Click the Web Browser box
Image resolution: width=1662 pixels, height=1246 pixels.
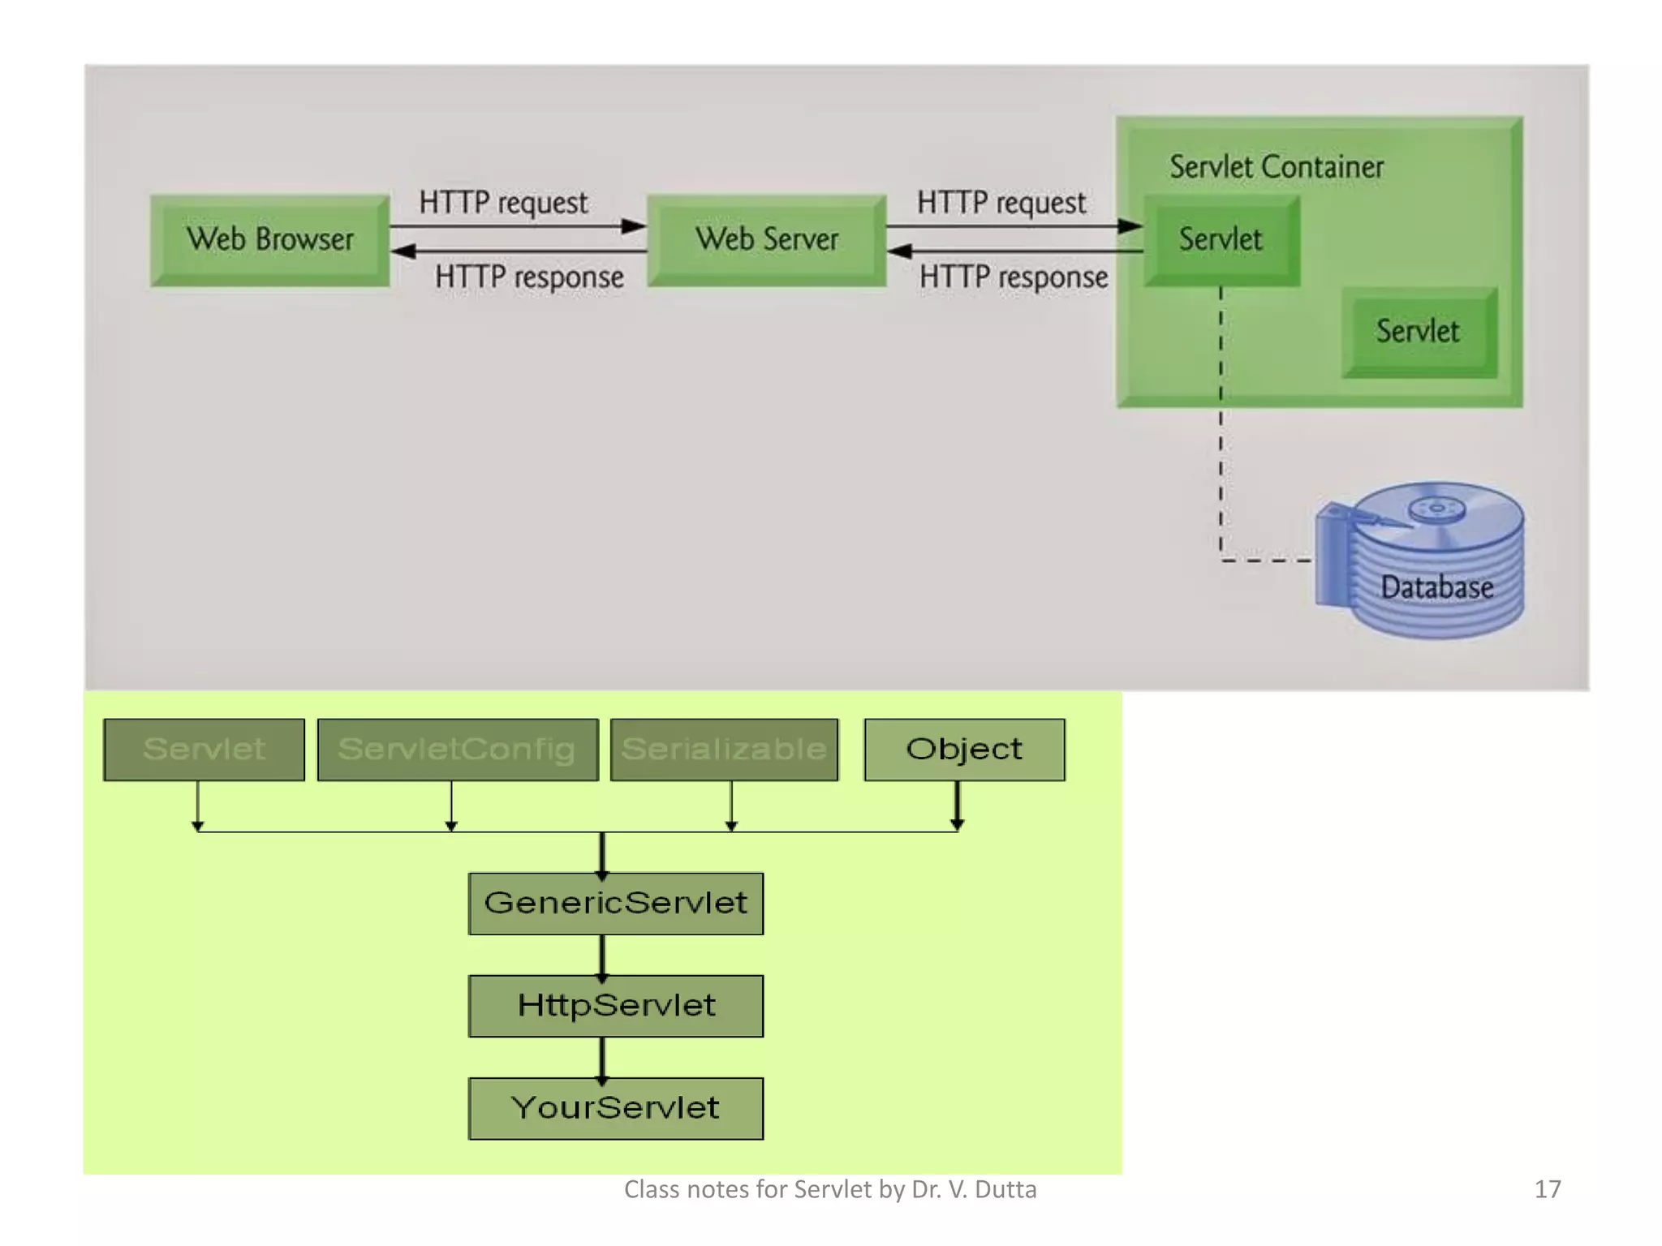[269, 240]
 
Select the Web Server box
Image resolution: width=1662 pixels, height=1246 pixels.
[766, 240]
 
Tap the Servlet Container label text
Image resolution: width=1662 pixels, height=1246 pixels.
[1276, 167]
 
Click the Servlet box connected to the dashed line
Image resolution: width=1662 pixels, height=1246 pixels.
[1221, 240]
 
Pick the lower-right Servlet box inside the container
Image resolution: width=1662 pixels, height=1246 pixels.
[1418, 332]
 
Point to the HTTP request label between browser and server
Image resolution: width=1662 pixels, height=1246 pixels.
[503, 203]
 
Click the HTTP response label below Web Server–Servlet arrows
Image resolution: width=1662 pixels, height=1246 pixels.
[1013, 277]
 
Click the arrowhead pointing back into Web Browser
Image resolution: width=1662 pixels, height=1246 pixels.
[403, 251]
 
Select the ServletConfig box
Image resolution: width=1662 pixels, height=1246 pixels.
[457, 750]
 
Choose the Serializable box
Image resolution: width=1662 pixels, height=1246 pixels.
[724, 750]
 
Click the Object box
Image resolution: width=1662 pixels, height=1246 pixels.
[964, 750]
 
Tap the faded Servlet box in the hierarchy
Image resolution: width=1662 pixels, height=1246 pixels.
[204, 750]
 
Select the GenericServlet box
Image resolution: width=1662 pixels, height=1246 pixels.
[615, 904]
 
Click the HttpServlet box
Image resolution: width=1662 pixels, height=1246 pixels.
[615, 1006]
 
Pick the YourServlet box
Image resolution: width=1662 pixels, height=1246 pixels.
[615, 1108]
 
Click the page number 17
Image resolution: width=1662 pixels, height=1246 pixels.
[1547, 1189]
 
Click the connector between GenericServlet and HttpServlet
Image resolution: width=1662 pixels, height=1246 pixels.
[602, 955]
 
